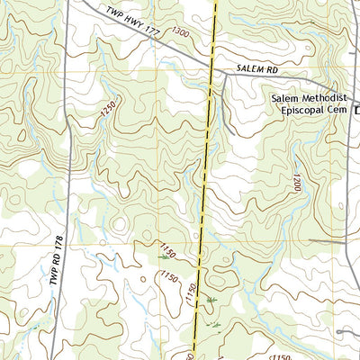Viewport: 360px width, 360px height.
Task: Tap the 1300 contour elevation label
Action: (x=180, y=31)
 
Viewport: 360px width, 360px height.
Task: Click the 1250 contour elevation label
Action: (x=110, y=110)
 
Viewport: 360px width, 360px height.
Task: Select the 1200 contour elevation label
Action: (x=296, y=184)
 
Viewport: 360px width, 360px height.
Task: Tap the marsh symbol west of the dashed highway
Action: (x=164, y=258)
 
